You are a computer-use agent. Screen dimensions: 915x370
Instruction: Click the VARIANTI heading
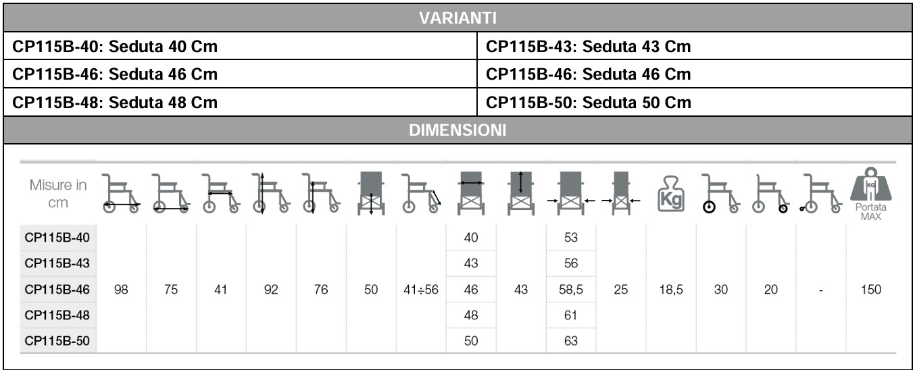click(457, 18)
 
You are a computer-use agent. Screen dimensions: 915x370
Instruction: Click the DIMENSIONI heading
click(457, 130)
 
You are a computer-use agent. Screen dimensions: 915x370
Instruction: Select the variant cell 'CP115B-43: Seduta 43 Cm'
click(588, 46)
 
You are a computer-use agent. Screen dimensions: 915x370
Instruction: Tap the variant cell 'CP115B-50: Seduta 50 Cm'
click(588, 102)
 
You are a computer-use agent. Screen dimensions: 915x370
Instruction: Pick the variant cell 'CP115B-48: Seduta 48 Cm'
click(115, 102)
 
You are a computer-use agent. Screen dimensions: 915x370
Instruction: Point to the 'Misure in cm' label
click(58, 194)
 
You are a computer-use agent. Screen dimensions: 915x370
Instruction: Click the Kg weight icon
click(671, 194)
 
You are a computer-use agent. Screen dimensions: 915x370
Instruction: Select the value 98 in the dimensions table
click(121, 289)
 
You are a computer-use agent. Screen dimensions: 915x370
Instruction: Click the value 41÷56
click(421, 289)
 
